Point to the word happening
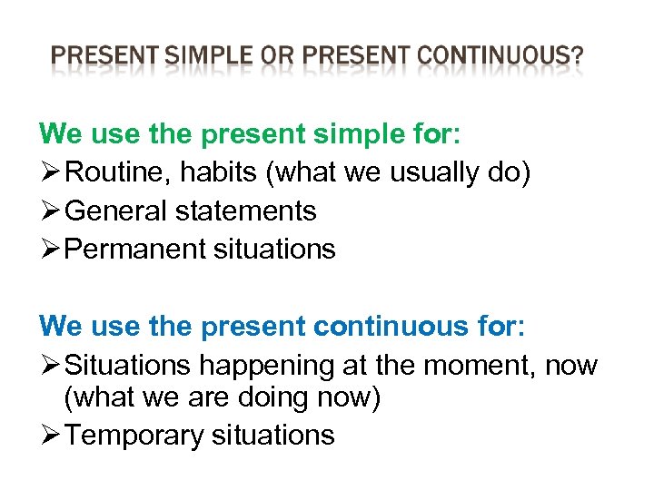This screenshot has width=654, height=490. pyautogui.click(x=267, y=366)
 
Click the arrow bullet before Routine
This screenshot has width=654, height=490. pyautogui.click(x=50, y=172)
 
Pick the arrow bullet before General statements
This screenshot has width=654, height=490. pyautogui.click(x=50, y=211)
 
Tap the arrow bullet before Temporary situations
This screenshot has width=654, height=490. pyautogui.click(x=50, y=435)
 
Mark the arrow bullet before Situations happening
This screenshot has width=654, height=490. pyautogui.click(x=50, y=366)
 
